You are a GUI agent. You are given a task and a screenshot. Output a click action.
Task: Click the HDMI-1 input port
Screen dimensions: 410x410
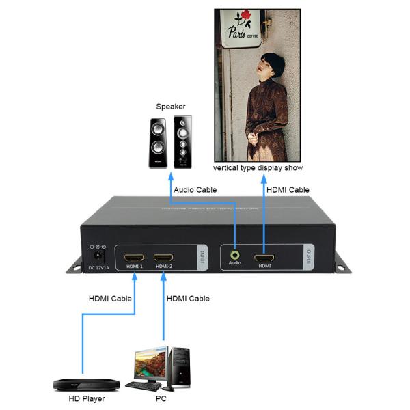coord(133,259)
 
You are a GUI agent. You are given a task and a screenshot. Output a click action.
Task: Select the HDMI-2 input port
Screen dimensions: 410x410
coord(164,259)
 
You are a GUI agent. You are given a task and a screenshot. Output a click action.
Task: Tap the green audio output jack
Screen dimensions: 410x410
coord(234,252)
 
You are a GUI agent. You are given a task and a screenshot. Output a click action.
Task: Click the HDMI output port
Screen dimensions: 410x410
coord(264,258)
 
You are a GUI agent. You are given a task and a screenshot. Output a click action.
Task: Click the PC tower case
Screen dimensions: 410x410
coord(179,366)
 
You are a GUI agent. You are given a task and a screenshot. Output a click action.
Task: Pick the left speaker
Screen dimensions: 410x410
coord(156,143)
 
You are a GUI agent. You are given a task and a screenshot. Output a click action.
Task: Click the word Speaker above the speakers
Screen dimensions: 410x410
coord(171,107)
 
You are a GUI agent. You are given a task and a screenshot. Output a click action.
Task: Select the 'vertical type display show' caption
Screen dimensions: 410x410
coord(258,167)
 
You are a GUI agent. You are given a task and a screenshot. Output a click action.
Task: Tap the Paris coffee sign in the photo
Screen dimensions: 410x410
coord(247,31)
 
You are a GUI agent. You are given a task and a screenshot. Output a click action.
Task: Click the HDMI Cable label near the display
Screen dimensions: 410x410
coord(288,189)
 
